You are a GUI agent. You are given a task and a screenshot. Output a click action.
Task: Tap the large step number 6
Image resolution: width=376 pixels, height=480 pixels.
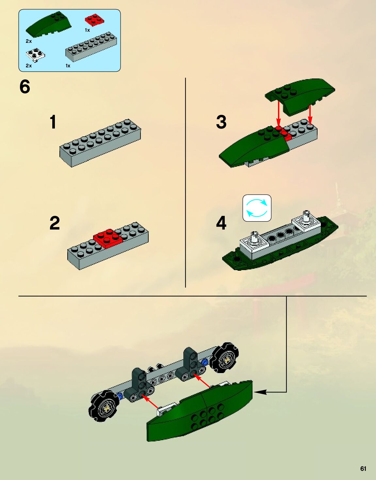tap(25, 87)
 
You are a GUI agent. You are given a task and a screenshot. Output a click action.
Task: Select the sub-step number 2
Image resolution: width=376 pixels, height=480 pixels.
tap(55, 223)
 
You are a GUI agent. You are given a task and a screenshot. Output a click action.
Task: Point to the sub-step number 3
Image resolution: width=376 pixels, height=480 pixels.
tap(221, 122)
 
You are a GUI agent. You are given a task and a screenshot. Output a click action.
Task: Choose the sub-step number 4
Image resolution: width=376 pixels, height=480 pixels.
tap(221, 223)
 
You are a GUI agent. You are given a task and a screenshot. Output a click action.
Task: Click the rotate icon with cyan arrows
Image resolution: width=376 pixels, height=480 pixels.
tap(257, 208)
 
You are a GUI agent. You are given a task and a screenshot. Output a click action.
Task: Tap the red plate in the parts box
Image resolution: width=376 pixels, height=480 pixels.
tap(94, 20)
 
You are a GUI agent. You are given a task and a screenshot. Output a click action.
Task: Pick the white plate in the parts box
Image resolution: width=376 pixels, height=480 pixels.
tap(35, 55)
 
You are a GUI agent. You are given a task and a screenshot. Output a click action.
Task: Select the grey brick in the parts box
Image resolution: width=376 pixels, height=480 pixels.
tap(91, 47)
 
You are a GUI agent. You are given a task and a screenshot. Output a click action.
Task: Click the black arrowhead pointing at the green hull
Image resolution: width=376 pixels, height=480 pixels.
tap(260, 392)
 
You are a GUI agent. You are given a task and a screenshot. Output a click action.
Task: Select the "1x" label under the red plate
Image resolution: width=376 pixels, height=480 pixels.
tap(87, 30)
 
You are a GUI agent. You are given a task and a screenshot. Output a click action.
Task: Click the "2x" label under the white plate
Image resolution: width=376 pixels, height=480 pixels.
tap(29, 66)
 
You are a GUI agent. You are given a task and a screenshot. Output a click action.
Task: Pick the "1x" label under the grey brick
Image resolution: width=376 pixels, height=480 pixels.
tap(68, 66)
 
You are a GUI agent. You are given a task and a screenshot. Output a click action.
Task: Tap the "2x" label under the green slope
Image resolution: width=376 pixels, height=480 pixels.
tap(29, 41)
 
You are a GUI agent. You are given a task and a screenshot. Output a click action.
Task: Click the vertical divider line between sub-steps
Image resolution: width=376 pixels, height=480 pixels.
tap(185, 182)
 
